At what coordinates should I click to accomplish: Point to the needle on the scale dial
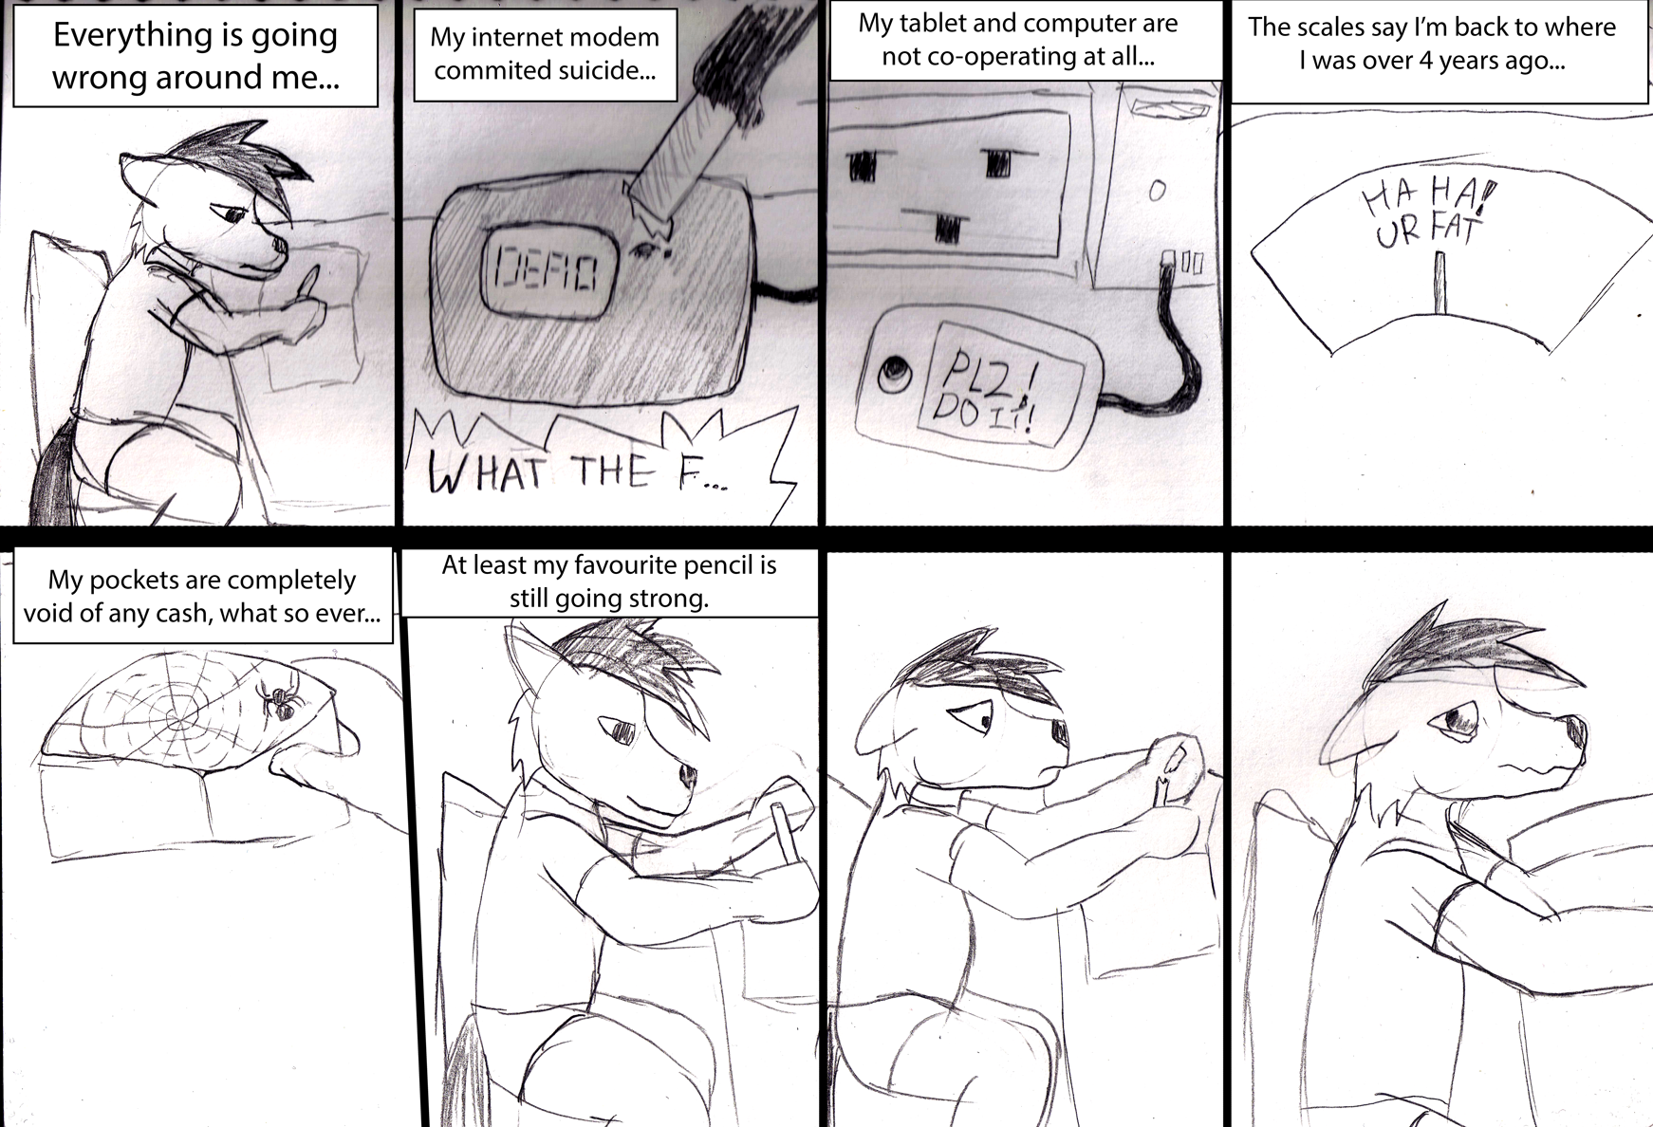(1441, 283)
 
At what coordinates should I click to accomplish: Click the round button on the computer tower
(1156, 190)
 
